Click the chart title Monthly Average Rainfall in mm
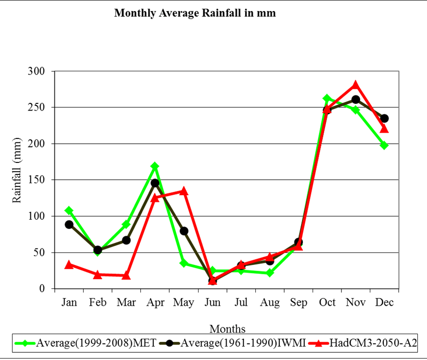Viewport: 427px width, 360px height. point(195,13)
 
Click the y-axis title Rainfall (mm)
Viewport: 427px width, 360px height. point(17,170)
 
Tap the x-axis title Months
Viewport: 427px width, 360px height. point(227,329)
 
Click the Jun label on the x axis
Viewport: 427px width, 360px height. point(213,302)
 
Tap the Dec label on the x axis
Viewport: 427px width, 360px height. point(384,302)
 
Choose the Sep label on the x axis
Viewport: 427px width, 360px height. point(298,302)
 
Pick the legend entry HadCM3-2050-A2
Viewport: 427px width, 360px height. point(370,343)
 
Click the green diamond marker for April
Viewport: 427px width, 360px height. point(155,166)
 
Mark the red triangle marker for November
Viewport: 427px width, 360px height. point(355,85)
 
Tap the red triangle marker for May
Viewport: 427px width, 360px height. point(184,191)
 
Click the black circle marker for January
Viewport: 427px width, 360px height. point(69,224)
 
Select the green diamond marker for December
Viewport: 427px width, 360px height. point(384,145)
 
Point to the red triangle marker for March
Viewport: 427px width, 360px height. point(126,275)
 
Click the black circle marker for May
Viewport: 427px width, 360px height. point(184,231)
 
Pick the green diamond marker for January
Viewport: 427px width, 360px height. point(69,211)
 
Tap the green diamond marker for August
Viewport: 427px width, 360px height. point(270,273)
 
